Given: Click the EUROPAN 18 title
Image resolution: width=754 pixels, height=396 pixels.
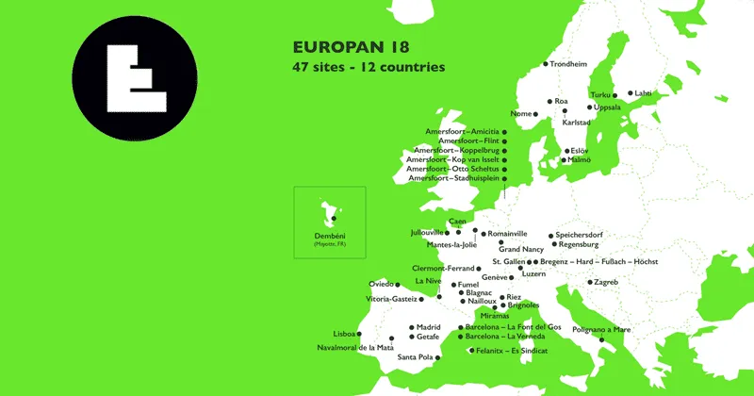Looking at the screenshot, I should (351, 46).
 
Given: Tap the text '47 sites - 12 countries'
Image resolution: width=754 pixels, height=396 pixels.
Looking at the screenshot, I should (369, 67).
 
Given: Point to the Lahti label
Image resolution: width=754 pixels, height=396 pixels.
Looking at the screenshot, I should (644, 93).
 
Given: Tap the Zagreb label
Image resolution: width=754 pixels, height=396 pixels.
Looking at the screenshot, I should (605, 282).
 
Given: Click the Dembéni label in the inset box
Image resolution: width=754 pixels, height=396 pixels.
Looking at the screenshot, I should (331, 236).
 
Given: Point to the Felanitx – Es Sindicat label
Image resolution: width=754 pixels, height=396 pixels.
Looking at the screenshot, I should (513, 351).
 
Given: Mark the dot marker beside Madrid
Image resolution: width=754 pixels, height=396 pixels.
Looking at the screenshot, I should (411, 327).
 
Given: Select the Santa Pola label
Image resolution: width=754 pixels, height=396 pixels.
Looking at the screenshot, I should (415, 357).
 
